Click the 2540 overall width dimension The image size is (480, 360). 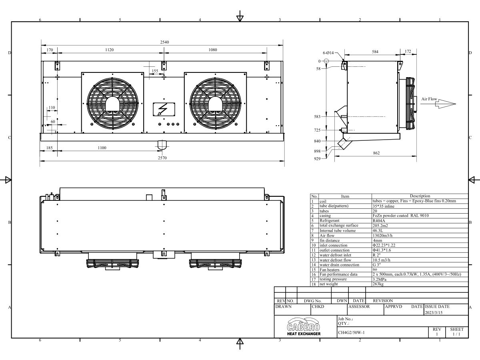click(x=164, y=42)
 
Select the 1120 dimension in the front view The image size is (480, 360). click(x=109, y=50)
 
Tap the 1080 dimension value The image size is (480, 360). click(x=212, y=50)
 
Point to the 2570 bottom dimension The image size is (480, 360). click(x=162, y=158)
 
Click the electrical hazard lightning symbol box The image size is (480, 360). click(x=164, y=109)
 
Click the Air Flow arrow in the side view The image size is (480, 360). click(x=446, y=104)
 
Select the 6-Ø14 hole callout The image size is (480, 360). click(x=328, y=53)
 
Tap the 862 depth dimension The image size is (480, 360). click(x=376, y=153)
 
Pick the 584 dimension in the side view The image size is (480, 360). click(x=375, y=52)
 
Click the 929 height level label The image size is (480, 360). click(x=317, y=159)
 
